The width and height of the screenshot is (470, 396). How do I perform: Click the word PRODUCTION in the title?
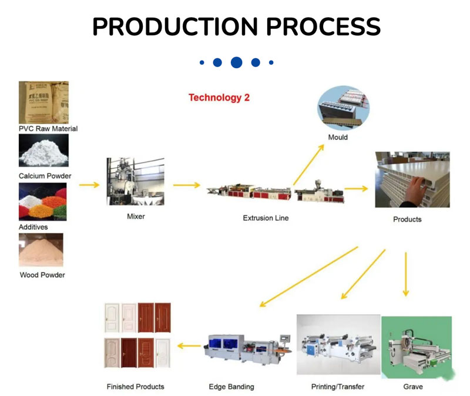[166, 26]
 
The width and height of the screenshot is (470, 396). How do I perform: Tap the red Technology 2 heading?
[219, 98]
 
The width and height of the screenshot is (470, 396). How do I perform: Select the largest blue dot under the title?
[236, 62]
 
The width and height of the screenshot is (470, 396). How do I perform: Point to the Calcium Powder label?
[45, 176]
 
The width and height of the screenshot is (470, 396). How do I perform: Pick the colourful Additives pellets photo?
[43, 202]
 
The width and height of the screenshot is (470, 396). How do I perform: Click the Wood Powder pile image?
[41, 250]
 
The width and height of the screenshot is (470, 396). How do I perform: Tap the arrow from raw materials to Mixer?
[89, 185]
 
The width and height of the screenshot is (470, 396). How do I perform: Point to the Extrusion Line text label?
[266, 218]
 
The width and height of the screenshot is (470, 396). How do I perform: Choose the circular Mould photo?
[343, 108]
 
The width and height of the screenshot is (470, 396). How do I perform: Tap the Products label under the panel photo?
[407, 219]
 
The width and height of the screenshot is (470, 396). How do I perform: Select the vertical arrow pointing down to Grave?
[405, 274]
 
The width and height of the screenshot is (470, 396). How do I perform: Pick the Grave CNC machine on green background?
[416, 347]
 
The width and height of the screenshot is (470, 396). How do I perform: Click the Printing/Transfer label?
[337, 387]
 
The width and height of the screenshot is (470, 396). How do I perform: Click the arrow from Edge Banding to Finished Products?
[189, 346]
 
